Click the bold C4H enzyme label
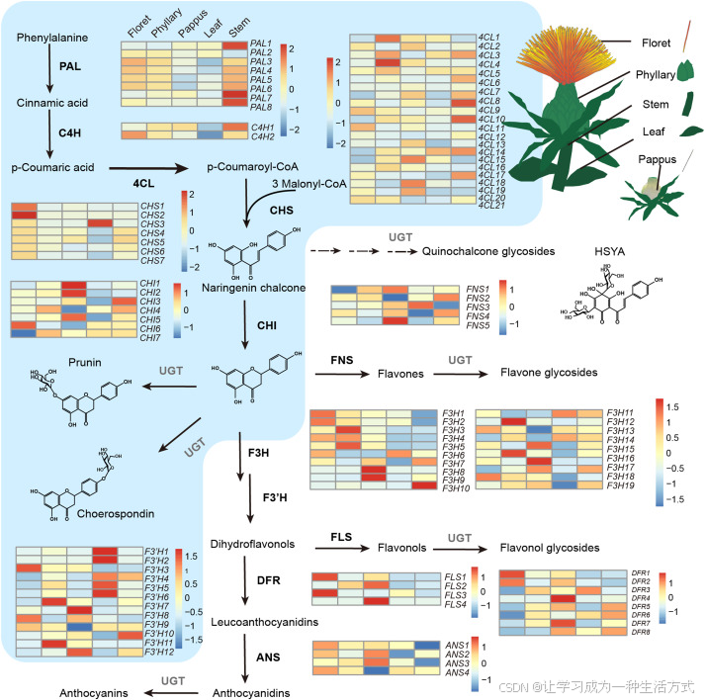click(69, 133)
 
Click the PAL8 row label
click(261, 107)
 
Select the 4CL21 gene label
click(490, 205)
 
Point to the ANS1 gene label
click(456, 645)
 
